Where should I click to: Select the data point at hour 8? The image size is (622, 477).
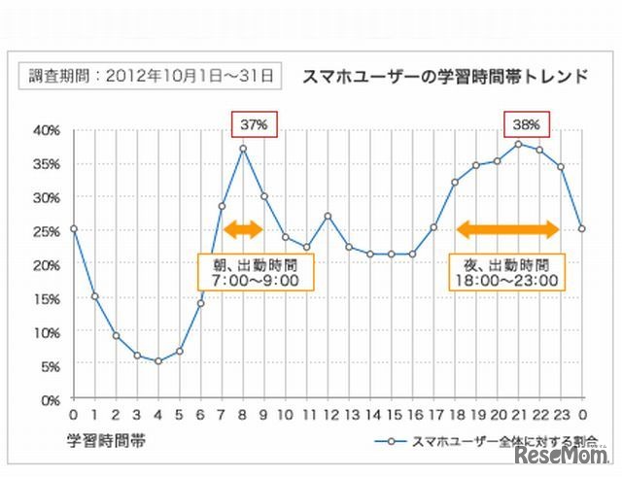(243, 149)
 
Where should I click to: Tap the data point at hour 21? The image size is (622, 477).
(519, 144)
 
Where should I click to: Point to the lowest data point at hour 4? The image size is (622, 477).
(157, 360)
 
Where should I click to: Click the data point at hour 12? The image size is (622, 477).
(328, 216)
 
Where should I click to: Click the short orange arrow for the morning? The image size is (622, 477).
(243, 230)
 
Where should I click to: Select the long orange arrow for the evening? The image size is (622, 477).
(507, 230)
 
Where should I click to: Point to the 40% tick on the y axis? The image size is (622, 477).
(46, 129)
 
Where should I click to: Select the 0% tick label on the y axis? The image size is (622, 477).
(49, 398)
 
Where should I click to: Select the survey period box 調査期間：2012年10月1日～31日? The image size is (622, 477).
(149, 74)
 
